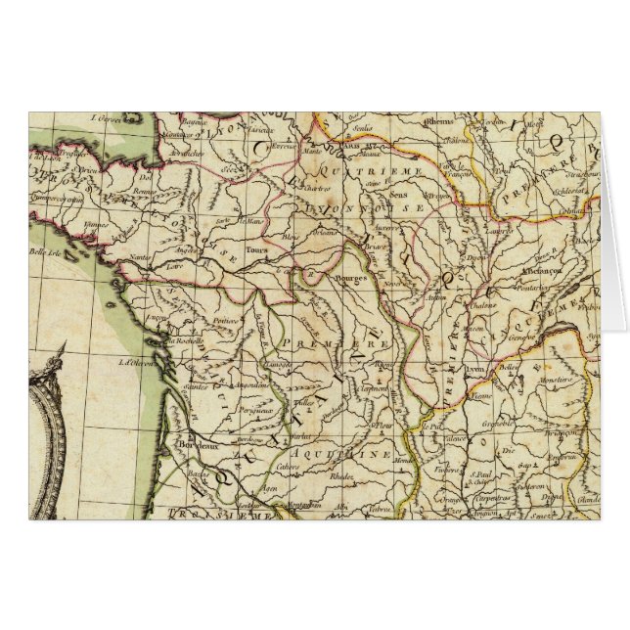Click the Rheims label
440,123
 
